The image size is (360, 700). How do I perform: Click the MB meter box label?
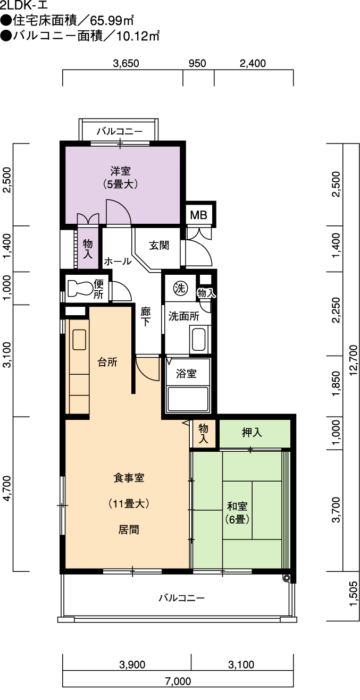198,215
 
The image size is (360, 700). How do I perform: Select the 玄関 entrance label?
159,246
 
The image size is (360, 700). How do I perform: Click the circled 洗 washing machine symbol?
180,288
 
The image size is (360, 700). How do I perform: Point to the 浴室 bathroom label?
186,373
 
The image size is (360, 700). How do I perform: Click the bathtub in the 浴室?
188,399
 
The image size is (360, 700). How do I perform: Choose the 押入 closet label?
252,433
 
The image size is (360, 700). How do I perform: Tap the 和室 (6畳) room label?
237,512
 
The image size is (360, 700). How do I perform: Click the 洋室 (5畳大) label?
120,178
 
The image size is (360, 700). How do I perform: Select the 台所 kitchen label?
107,362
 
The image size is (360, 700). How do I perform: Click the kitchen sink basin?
79,340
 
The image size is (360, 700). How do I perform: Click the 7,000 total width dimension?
178,690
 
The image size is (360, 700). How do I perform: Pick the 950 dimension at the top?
197,63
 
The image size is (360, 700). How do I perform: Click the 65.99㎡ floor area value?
112,21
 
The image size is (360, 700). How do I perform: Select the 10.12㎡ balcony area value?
138,36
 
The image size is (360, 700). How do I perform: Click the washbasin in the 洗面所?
198,340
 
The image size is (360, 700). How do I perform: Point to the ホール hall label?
118,262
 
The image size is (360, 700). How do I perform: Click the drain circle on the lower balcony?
286,578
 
